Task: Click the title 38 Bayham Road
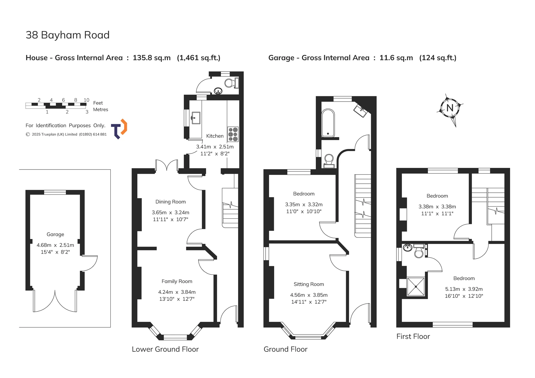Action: (x=68, y=35)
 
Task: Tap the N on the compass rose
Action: (x=450, y=108)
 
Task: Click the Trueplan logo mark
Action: (x=119, y=129)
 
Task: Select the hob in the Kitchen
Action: (x=233, y=134)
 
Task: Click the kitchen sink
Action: (x=196, y=118)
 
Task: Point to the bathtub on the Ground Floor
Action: (x=328, y=123)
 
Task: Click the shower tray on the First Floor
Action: (x=416, y=287)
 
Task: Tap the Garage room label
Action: (x=55, y=234)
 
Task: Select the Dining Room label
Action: (x=170, y=202)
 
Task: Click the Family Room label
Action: (x=177, y=281)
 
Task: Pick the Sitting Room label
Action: (x=309, y=284)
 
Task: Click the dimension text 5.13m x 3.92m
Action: (x=464, y=289)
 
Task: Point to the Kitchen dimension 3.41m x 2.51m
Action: (x=215, y=147)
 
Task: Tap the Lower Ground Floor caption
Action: (x=165, y=349)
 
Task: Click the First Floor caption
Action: (x=413, y=336)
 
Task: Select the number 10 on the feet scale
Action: (x=86, y=100)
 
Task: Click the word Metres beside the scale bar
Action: (x=101, y=110)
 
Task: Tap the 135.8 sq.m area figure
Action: (x=152, y=58)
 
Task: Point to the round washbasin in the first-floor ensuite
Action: (x=407, y=248)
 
